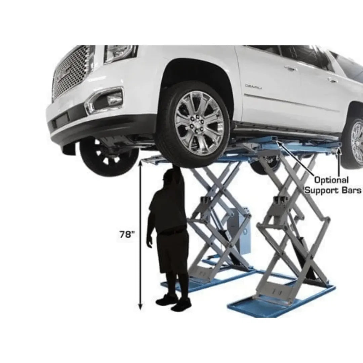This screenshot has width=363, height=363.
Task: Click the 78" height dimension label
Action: pyautogui.click(x=127, y=234)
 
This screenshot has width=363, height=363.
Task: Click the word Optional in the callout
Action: pyautogui.click(x=326, y=180)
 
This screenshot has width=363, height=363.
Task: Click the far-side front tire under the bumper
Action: pyautogui.click(x=108, y=158)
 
